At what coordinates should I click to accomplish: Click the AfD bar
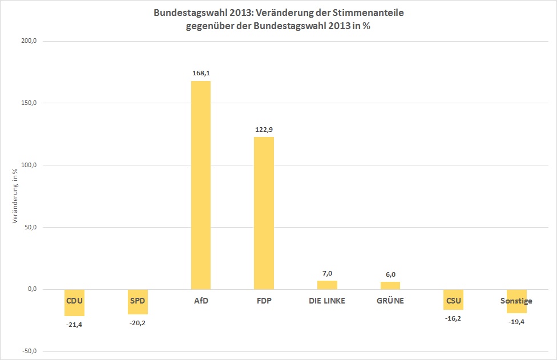click(x=200, y=185)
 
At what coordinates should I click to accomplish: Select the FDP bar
click(x=264, y=213)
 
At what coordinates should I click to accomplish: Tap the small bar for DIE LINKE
click(x=327, y=285)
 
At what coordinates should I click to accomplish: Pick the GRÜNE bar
click(x=390, y=285)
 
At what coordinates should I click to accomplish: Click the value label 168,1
click(x=200, y=73)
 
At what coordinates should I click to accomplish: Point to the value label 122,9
click(x=264, y=129)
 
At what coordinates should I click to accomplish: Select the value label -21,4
click(x=74, y=325)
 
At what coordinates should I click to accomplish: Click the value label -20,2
click(x=138, y=323)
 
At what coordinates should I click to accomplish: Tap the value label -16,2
click(x=453, y=318)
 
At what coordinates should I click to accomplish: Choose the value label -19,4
click(x=516, y=322)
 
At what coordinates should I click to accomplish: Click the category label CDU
click(x=74, y=301)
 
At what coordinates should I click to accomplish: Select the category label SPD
click(x=138, y=301)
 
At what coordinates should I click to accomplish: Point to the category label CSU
click(x=453, y=301)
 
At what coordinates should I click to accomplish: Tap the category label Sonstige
click(x=516, y=301)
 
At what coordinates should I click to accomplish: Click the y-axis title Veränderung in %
click(x=15, y=197)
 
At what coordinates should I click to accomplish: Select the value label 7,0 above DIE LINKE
click(x=327, y=273)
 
